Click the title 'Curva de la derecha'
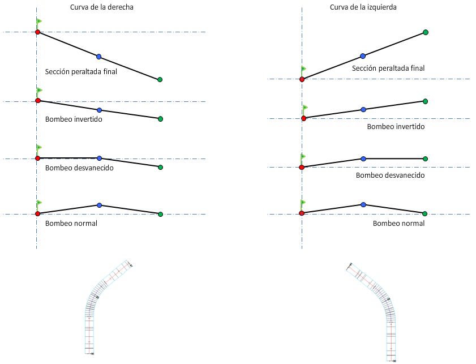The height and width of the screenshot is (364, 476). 102,7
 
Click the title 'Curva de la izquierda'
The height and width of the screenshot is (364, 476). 363,7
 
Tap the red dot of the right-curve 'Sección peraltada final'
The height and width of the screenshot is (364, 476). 37,32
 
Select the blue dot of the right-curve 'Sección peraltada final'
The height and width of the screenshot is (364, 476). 99,57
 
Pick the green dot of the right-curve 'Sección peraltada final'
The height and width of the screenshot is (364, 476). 160,80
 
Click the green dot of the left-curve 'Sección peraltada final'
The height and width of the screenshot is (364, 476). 426,32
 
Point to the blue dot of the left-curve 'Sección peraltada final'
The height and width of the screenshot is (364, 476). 363,56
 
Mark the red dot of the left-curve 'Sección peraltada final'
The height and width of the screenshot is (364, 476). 302,79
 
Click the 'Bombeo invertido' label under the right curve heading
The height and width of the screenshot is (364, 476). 74,119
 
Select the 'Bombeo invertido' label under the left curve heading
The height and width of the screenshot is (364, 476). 396,127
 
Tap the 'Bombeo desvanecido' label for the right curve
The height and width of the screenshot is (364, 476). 79,168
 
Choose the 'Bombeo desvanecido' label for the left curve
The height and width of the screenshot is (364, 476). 390,175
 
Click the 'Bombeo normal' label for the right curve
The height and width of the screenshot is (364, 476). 71,224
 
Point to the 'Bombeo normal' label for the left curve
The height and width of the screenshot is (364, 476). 398,224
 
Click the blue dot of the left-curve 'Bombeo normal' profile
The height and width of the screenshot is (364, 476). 363,204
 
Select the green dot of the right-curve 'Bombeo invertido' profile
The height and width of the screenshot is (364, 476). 160,119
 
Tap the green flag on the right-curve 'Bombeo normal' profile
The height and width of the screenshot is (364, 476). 39,202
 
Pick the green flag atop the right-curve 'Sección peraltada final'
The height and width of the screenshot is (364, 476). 39,22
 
